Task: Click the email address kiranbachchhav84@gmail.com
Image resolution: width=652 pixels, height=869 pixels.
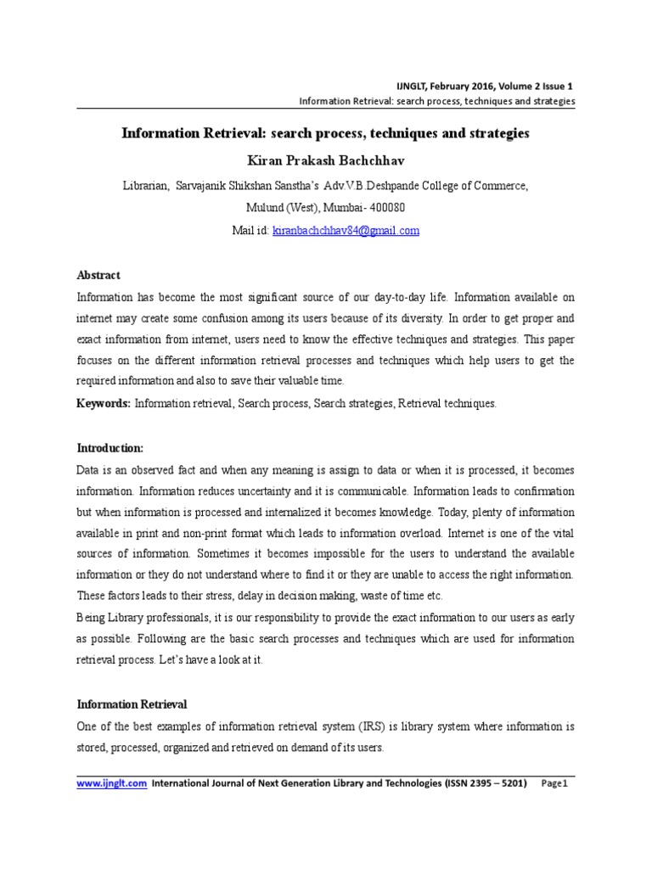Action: (x=346, y=231)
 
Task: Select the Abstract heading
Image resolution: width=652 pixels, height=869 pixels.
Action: (x=98, y=276)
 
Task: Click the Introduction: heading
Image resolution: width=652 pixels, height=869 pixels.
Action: (x=110, y=448)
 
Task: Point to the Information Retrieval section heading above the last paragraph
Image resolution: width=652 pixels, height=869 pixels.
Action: (x=132, y=704)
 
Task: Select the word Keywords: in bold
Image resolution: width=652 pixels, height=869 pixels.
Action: (x=104, y=404)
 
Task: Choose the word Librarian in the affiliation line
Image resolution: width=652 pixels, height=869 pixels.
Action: (x=146, y=186)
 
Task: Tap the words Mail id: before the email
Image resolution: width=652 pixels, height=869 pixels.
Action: (x=250, y=231)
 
